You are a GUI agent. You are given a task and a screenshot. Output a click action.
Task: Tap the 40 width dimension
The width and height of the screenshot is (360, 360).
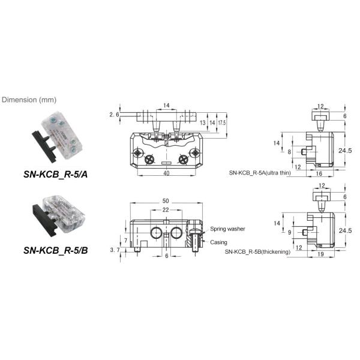click(x=166, y=173)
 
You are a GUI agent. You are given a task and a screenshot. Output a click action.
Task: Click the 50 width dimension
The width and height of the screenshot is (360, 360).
click(x=165, y=200)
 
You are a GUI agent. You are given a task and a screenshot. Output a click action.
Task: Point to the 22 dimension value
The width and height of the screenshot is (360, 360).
click(x=165, y=209)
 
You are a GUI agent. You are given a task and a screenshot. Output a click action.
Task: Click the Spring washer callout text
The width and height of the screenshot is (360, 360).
click(x=228, y=229)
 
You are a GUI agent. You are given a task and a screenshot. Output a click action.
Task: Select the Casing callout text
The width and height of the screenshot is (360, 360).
click(x=218, y=242)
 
